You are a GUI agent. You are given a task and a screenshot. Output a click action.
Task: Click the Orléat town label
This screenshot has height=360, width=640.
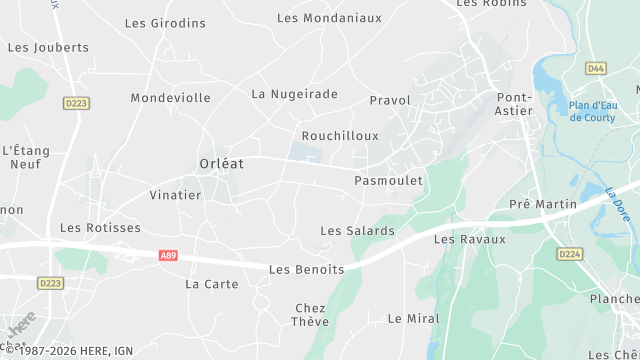(x=222, y=163)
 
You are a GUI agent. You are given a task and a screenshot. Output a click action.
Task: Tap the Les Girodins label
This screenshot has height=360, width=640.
(x=165, y=23)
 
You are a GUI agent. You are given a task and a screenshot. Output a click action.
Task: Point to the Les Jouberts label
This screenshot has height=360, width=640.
(x=48, y=47)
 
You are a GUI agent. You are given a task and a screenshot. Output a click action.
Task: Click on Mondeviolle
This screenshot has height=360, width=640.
(x=171, y=98)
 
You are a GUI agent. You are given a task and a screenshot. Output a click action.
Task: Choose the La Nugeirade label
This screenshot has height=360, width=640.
(x=295, y=94)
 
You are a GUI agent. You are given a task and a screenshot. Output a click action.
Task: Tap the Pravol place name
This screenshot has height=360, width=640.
(x=390, y=101)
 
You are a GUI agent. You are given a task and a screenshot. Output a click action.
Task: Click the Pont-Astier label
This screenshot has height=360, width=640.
(x=514, y=104)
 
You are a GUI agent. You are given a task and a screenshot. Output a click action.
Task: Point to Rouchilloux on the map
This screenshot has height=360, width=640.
(x=340, y=135)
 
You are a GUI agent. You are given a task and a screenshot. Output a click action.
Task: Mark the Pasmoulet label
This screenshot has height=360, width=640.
(x=389, y=181)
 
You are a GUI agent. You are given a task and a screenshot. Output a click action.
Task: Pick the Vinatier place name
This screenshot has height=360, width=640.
(x=175, y=195)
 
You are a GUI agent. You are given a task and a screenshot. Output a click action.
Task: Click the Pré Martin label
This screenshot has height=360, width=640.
(x=543, y=204)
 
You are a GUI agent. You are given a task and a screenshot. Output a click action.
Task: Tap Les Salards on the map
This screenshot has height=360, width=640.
(x=357, y=231)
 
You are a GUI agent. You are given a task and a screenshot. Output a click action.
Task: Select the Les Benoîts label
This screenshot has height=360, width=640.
(x=307, y=270)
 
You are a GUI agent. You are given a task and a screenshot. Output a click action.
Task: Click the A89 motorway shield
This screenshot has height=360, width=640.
(x=169, y=256)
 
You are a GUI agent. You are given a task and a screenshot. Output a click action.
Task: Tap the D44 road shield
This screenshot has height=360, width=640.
(x=596, y=68)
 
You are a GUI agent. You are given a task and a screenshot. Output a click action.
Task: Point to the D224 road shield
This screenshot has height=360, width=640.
(x=570, y=254)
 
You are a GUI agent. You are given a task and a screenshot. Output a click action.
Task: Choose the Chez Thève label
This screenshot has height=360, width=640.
(x=311, y=315)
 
